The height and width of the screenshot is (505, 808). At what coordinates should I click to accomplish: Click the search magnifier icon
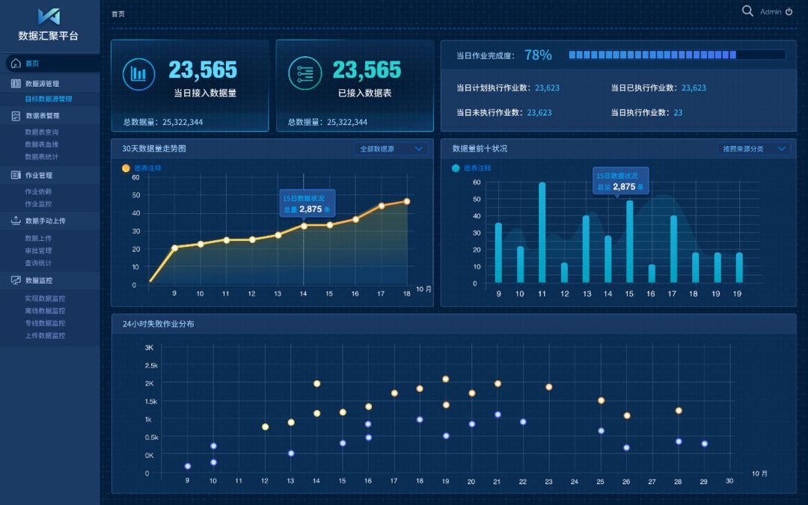tap(747, 10)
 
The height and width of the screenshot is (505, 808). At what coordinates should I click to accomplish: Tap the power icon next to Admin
tap(789, 12)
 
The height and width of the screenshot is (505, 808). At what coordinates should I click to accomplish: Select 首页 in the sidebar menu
tap(31, 64)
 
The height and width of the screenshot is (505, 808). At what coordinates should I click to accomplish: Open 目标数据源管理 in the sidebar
tap(49, 99)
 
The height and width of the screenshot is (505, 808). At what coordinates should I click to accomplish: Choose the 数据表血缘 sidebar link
tap(42, 144)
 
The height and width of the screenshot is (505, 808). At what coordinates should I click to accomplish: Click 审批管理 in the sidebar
tap(38, 251)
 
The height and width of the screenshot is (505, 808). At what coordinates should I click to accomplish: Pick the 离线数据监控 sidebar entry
tap(45, 310)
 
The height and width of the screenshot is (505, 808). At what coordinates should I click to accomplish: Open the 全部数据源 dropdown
tap(391, 149)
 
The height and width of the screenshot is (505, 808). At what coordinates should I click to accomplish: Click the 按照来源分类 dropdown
tap(753, 149)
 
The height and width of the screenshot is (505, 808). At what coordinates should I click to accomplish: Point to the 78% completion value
tap(538, 55)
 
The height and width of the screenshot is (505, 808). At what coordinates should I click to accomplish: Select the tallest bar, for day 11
tap(542, 233)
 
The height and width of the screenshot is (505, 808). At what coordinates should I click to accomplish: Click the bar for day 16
tap(652, 273)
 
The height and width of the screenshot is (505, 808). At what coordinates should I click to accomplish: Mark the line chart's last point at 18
tap(407, 201)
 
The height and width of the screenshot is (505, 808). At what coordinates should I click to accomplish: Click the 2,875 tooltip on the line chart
tap(307, 203)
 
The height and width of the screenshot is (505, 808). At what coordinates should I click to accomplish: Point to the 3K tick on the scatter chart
tap(149, 348)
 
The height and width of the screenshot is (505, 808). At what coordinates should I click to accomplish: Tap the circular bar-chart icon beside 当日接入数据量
tap(138, 73)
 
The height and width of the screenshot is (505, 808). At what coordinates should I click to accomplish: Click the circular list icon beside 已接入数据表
tap(304, 73)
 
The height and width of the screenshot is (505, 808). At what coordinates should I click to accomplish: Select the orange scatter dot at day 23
tap(548, 387)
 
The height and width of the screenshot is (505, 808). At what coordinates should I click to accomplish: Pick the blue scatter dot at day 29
tap(704, 444)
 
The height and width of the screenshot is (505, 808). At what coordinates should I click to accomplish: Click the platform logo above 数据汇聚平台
tap(49, 16)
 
